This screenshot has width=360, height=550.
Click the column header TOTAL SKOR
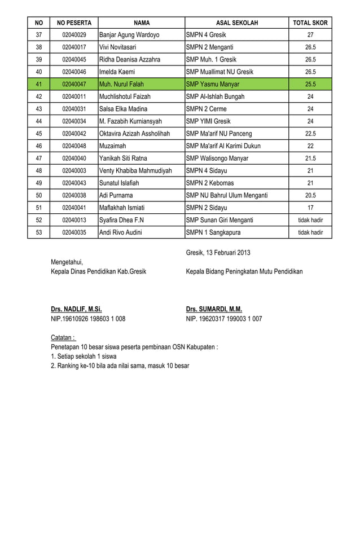tap(310, 23)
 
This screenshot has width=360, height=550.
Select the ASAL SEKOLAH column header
tap(236, 23)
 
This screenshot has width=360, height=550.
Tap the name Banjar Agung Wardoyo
tap(129, 35)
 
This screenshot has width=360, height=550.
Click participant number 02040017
tap(74, 47)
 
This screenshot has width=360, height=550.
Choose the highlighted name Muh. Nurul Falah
tap(121, 84)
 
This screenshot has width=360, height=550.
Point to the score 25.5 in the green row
tap(310, 84)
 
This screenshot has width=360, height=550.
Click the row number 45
tap(39, 134)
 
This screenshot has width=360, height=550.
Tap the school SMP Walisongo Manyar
tap(217, 159)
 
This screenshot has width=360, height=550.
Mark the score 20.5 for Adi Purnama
tap(310, 195)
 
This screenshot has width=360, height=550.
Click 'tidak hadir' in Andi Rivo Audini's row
tap(310, 232)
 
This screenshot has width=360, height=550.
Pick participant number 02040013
tap(74, 220)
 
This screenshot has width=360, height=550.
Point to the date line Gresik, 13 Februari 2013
tap(218, 252)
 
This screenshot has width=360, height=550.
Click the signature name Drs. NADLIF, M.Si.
tap(76, 309)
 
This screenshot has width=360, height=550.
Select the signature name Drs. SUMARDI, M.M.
tap(214, 309)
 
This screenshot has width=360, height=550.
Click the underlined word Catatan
tap(63, 337)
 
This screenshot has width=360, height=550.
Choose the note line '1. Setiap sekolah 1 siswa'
tap(84, 357)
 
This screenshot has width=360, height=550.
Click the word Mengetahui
tap(67, 262)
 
